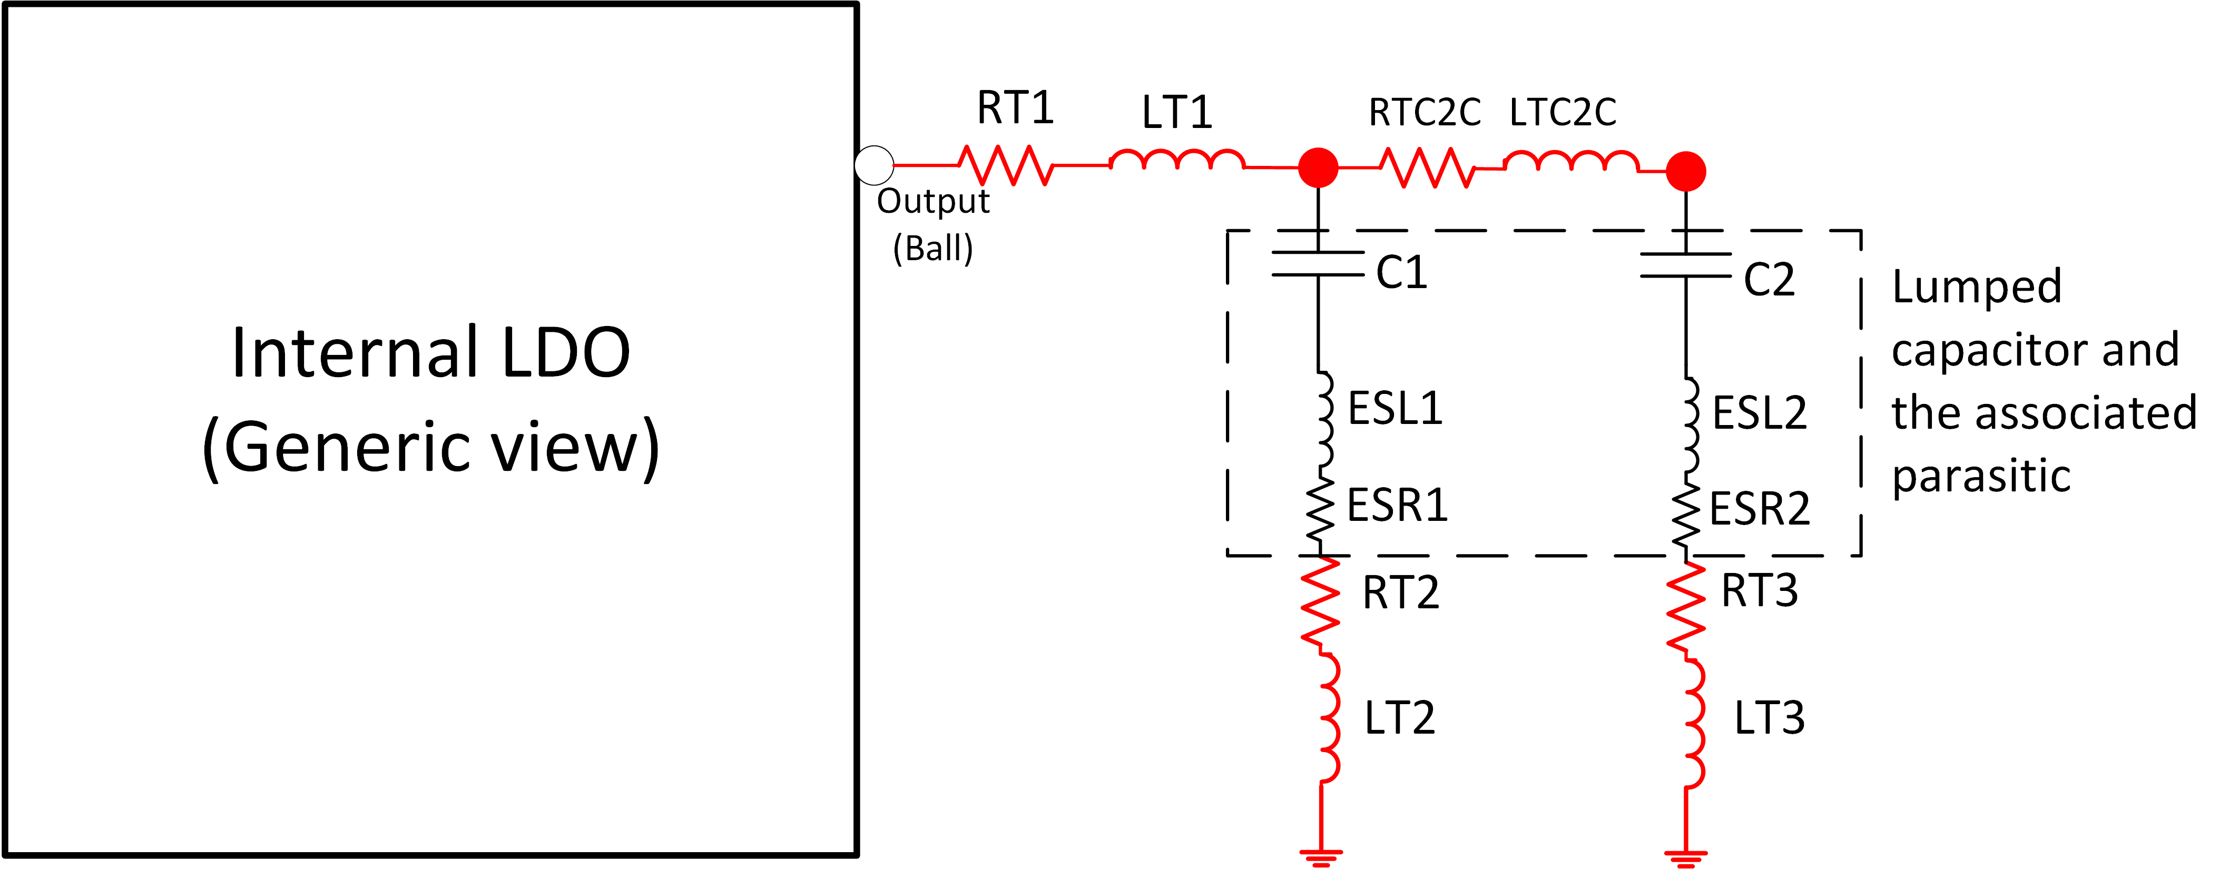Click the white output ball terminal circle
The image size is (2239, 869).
click(875, 165)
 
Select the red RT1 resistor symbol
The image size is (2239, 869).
click(1007, 165)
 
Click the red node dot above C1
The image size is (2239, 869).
click(1319, 167)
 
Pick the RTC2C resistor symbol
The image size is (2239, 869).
click(1429, 167)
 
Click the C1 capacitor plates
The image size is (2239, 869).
click(1319, 263)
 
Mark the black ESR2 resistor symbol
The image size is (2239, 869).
click(1686, 517)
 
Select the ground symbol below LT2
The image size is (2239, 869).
click(1321, 858)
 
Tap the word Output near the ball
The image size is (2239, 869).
click(932, 202)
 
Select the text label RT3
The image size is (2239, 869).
click(1759, 591)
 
